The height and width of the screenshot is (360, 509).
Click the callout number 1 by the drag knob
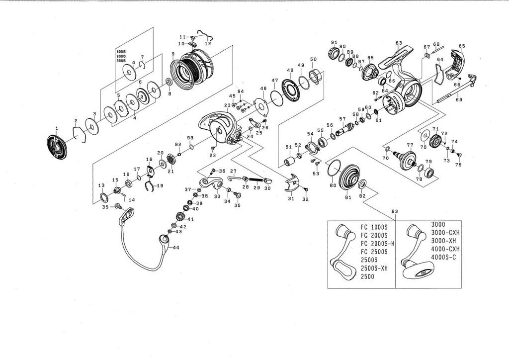[57, 128]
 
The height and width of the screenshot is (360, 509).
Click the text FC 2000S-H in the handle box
[377, 243]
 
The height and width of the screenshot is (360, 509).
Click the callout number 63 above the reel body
[399, 43]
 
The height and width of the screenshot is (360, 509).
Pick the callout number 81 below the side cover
[348, 198]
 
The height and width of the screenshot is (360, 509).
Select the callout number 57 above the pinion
[342, 119]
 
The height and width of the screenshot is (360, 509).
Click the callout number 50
[313, 59]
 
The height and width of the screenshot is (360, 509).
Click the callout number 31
[291, 198]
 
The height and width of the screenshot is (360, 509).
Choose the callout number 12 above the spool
[208, 44]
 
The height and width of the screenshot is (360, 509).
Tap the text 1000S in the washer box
[121, 52]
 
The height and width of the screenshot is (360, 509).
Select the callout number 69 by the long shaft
[459, 100]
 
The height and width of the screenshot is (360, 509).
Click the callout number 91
[334, 42]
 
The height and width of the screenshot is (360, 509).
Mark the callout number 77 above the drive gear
[410, 145]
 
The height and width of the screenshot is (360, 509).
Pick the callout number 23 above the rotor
[227, 105]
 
